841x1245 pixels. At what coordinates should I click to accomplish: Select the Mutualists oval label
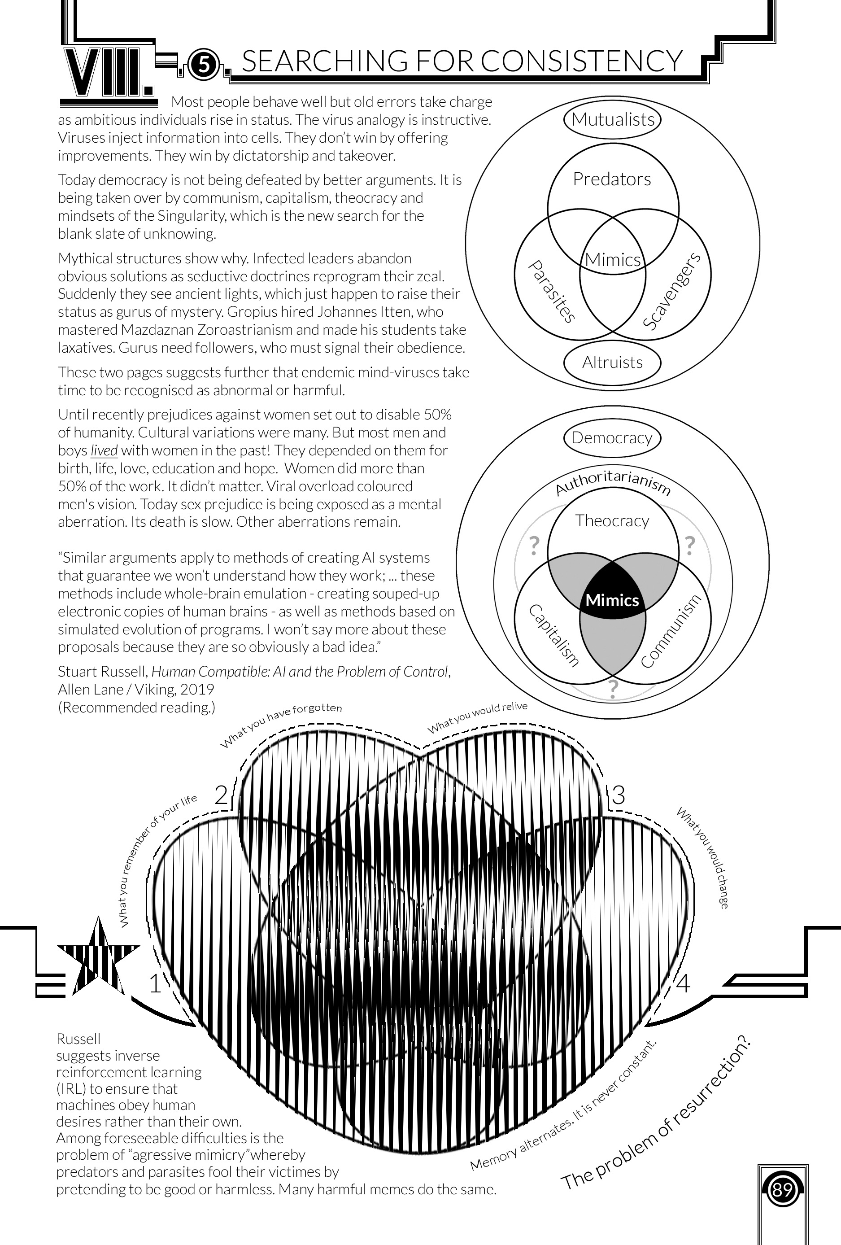pyautogui.click(x=612, y=119)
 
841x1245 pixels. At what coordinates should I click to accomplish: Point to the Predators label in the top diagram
pyautogui.click(x=612, y=179)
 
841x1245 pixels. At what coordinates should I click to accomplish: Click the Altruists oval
pyautogui.click(x=612, y=363)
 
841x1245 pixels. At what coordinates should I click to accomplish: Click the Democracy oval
pyautogui.click(x=612, y=438)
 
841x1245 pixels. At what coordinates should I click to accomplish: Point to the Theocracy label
pyautogui.click(x=612, y=521)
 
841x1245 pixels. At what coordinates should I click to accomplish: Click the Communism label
pyautogui.click(x=671, y=632)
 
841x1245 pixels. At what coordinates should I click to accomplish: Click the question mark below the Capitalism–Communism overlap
pyautogui.click(x=613, y=688)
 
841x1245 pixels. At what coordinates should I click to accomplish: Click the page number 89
pyautogui.click(x=783, y=1192)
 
